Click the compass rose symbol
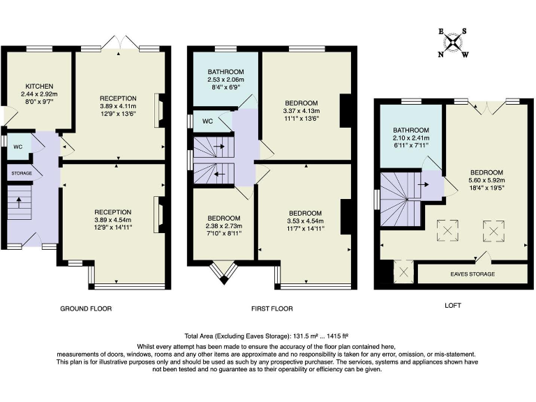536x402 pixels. [454, 43]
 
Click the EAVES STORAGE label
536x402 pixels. [472, 274]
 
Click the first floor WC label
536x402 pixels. [207, 121]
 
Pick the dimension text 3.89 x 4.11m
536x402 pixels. [118, 106]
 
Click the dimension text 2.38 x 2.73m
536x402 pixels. [223, 226]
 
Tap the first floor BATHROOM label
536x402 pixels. [225, 72]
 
